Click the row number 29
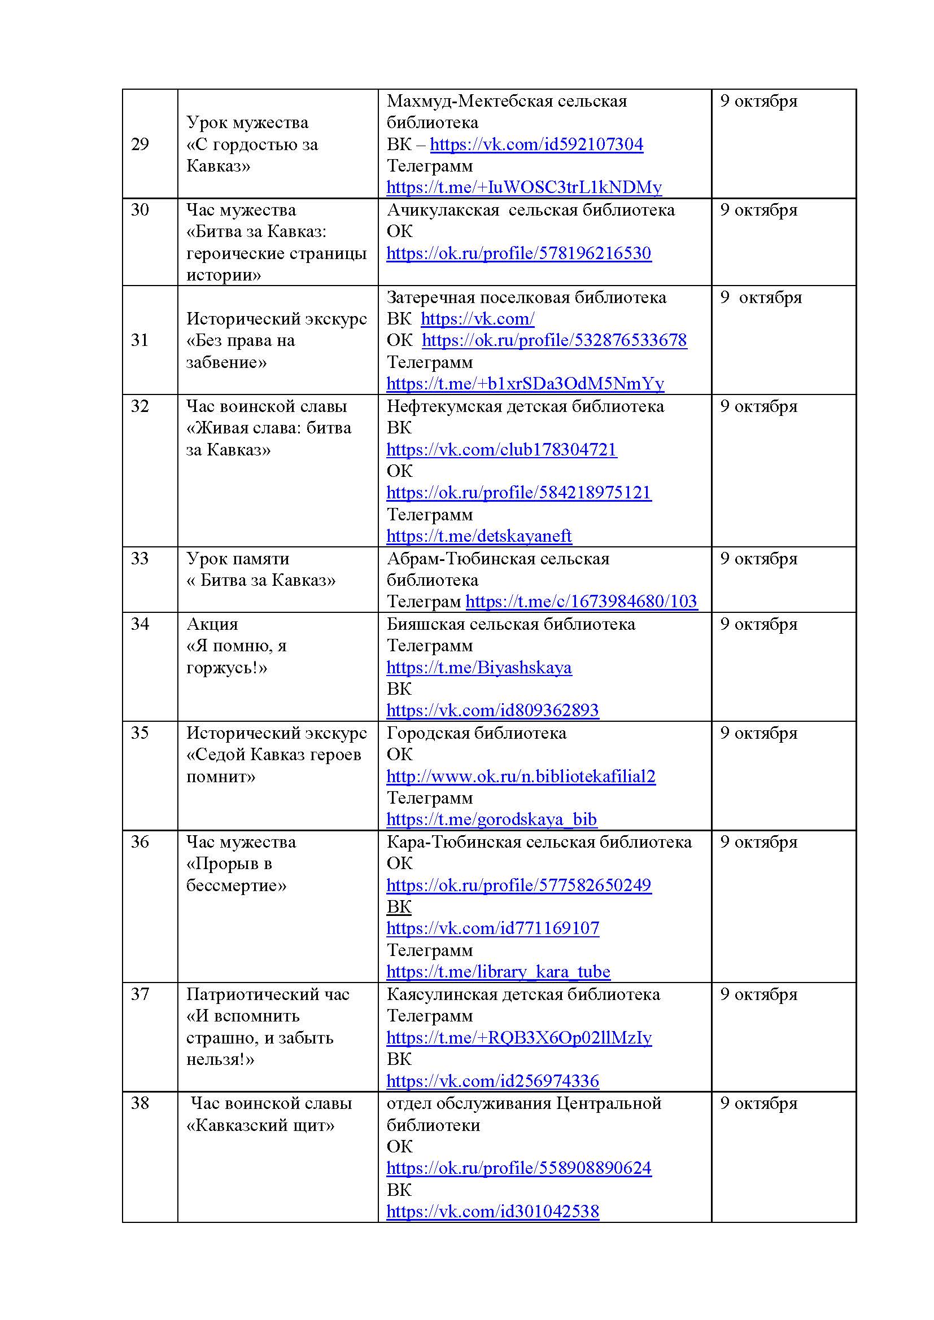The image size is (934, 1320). coord(139,144)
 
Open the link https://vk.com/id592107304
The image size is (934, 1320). coord(536,144)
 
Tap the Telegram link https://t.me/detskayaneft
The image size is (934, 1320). coord(478,536)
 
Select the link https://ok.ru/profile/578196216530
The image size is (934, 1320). coord(518,253)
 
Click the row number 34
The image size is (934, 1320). coord(139,624)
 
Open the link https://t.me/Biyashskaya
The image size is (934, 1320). coord(478,668)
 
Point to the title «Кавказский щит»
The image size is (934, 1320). coord(260,1125)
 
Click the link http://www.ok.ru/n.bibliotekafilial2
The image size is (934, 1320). coord(521,777)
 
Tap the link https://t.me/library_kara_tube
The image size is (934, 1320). coord(498,972)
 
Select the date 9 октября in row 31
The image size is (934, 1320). coord(760,298)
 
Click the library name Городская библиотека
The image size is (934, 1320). coord(476,733)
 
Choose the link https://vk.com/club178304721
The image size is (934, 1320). coord(501,450)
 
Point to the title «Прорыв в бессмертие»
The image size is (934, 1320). coord(236,874)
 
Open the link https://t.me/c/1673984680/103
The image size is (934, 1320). coord(581,602)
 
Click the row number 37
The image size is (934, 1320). coord(139,994)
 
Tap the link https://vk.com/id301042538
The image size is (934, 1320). coord(492,1211)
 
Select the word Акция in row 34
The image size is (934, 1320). coord(212,624)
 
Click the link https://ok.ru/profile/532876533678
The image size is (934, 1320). coord(554,340)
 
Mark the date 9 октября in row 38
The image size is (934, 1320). coord(758,1103)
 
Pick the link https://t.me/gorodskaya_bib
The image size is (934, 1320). coord(491,819)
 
